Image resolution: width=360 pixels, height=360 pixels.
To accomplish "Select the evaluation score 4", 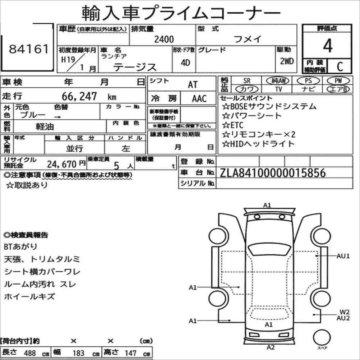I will click(x=327, y=46).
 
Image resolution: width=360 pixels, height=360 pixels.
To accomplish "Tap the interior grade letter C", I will click(x=339, y=66).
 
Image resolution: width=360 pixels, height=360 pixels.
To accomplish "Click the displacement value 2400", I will click(x=163, y=40).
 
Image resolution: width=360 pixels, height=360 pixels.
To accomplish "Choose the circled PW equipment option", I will click(x=338, y=81).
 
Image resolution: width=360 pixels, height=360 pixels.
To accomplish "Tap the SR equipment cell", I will click(x=246, y=81).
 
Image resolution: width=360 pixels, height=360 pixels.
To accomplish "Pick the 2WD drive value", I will click(x=287, y=61).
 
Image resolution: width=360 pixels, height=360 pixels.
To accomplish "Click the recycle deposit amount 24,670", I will click(x=62, y=165).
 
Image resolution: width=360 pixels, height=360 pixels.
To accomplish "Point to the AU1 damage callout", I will click(x=343, y=256).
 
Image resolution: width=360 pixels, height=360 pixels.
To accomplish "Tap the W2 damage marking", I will click(x=345, y=311).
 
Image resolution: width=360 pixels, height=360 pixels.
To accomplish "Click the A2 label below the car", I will click(x=271, y=347).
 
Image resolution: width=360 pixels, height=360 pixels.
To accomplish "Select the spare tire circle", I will click(x=322, y=338).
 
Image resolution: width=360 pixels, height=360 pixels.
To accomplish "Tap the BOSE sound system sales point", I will click(x=269, y=106).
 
